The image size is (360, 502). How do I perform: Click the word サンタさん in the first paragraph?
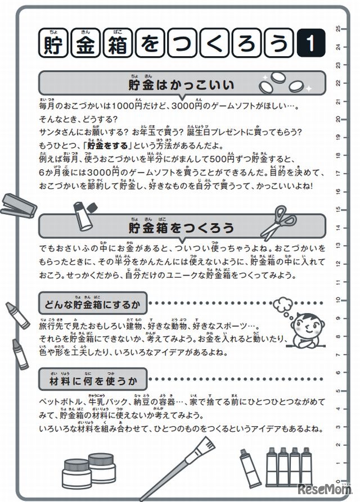pos(58,131)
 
